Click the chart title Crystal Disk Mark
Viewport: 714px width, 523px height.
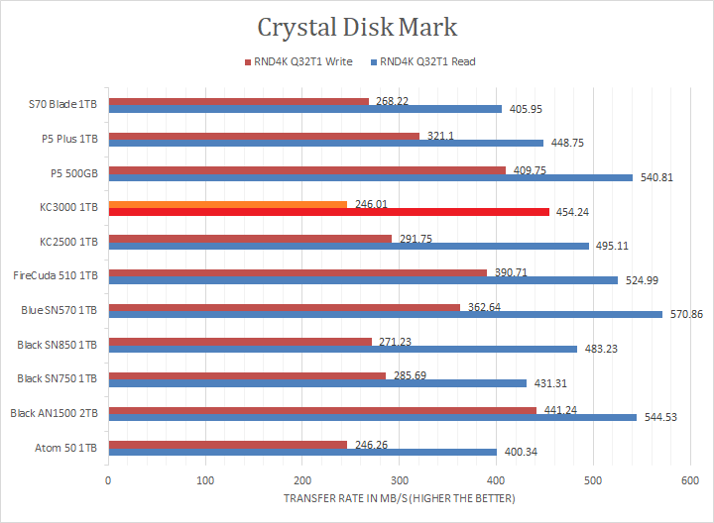coord(357,27)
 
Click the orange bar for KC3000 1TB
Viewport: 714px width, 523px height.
coord(227,204)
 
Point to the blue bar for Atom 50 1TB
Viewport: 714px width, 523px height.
coord(302,452)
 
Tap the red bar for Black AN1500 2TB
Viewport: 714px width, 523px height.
coord(322,410)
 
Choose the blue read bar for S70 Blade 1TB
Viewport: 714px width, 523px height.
coord(305,109)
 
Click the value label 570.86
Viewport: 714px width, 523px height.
coord(685,315)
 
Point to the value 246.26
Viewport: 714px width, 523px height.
coord(369,445)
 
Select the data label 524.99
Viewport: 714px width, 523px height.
coord(641,280)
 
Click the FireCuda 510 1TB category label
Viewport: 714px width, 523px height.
coord(55,275)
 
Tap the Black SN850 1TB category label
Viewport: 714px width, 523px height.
coord(57,345)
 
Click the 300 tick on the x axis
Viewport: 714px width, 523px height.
coord(399,480)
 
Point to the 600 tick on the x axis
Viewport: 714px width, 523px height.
coord(689,480)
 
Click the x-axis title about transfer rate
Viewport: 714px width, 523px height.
coord(399,498)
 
